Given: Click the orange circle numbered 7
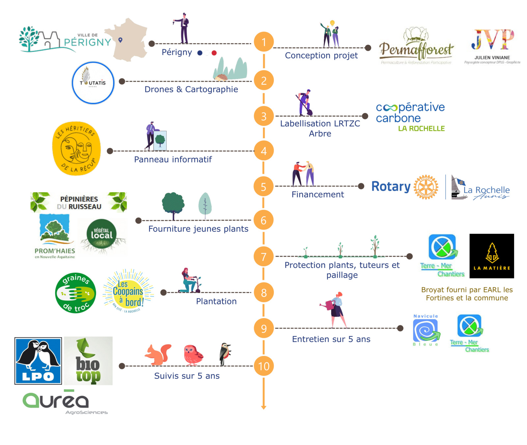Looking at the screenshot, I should pos(263,256).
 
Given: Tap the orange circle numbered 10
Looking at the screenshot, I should pos(263,366).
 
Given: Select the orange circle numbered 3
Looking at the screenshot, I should pos(263,116).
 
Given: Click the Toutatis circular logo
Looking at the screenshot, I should pos(93,83).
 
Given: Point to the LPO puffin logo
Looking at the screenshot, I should pos(38,361).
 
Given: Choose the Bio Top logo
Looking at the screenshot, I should pos(88,361).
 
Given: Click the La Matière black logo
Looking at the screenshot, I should pos(491,256).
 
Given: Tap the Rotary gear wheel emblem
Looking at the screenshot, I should pos(426,187).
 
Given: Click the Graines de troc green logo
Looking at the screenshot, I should pos(76,293).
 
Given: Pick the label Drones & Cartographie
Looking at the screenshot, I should pos(191,89).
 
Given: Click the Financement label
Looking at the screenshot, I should pos(318,195).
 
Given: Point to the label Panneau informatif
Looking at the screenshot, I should pos(173,159).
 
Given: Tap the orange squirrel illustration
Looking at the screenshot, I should pos(158,354).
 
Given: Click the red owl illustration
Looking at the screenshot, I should pos(193,355).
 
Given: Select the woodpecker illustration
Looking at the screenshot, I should pos(225,354).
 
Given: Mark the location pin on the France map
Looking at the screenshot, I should pos(121,40).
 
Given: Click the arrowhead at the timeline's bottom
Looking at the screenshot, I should pos(263,407).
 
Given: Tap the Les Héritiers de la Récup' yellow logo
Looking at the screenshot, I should pos(76,148).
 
